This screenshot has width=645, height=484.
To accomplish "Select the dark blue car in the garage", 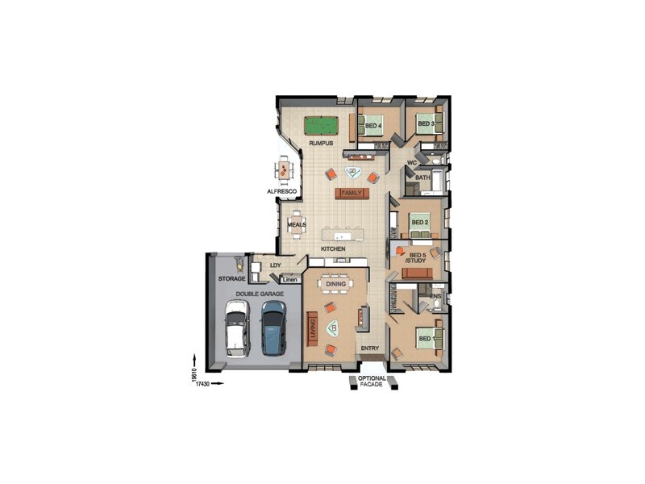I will [273, 329].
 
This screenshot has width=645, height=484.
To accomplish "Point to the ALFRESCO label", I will [282, 191].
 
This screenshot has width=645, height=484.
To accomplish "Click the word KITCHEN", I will [333, 249].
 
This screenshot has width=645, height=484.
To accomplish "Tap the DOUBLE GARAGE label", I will [259, 294].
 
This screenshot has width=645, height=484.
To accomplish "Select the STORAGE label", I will [231, 279].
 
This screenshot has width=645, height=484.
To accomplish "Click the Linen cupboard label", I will [290, 280].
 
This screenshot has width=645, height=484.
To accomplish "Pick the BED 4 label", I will [372, 126].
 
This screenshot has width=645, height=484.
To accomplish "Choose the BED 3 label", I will [426, 123].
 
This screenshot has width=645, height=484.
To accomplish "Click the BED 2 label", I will [419, 222].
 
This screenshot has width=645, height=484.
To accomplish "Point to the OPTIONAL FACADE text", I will [372, 382].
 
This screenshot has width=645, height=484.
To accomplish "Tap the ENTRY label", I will [370, 348].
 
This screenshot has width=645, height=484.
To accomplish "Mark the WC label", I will [411, 162].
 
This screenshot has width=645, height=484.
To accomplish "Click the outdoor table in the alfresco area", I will [284, 170].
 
